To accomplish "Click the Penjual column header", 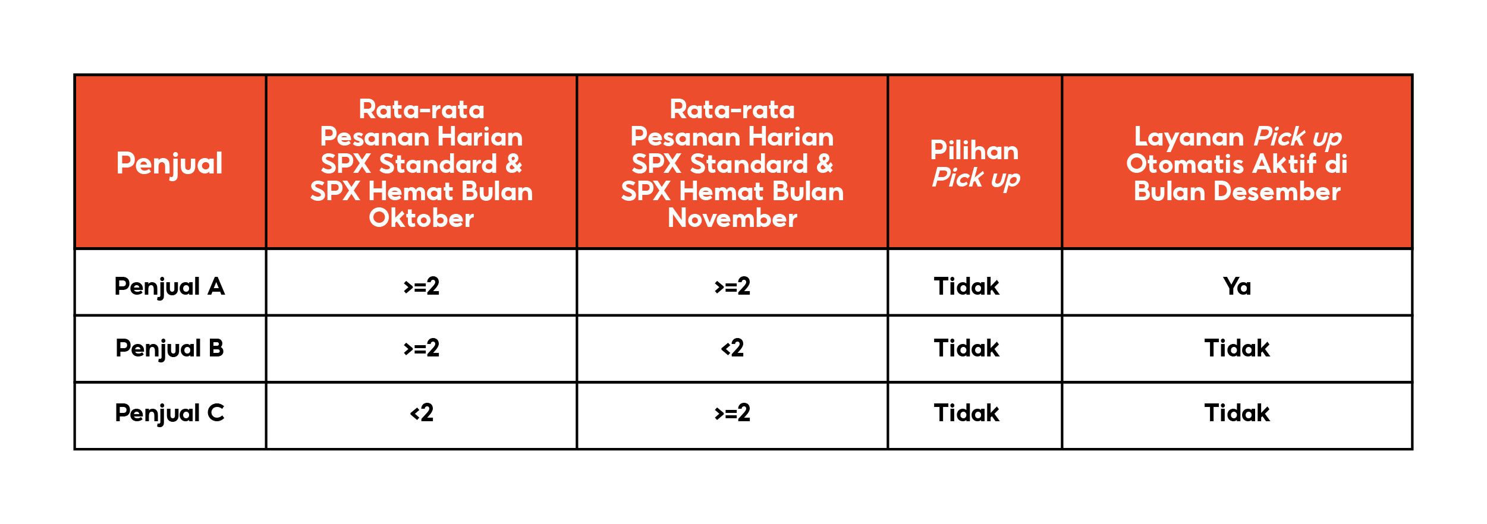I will (x=169, y=163).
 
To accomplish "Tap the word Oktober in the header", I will (x=422, y=219).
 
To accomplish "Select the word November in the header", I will (x=732, y=219).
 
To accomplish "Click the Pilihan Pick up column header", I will (x=974, y=164).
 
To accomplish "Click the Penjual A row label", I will (x=169, y=286).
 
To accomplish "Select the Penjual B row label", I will (x=169, y=348).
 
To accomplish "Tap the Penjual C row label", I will (x=169, y=413).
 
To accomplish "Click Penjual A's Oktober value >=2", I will (x=422, y=286).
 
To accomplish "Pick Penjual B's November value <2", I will (x=732, y=348).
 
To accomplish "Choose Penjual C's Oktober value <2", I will (x=422, y=413).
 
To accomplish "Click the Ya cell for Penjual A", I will (x=1237, y=286).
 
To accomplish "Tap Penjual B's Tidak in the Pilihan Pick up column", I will (x=966, y=348).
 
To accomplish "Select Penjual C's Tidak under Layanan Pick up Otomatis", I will (x=1237, y=413).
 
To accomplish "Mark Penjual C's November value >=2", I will (x=732, y=413).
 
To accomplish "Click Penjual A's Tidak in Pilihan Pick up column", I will (x=966, y=286).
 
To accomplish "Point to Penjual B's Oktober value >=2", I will (x=422, y=348).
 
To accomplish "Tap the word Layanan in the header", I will (x=1189, y=137).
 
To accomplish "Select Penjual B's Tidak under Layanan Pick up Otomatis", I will (x=1237, y=348).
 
